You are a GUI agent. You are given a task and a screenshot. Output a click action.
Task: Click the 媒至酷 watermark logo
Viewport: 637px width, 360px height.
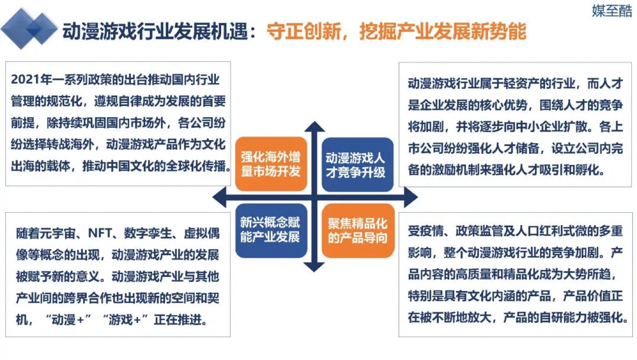coord(612,11)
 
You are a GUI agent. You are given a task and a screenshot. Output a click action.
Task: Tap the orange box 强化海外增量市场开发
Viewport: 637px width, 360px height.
coord(271,164)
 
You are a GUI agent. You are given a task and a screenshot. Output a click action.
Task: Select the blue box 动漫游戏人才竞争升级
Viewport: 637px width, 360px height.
coord(357,165)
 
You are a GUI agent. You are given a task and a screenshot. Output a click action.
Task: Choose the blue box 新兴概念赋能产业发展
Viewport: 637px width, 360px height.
coord(271,230)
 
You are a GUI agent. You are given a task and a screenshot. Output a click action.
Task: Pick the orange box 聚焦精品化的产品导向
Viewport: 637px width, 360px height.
coord(358,230)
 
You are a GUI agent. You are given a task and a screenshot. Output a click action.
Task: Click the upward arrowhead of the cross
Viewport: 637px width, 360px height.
coord(314,126)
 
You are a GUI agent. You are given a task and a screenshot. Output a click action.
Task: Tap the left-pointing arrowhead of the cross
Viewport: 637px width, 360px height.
coord(219,197)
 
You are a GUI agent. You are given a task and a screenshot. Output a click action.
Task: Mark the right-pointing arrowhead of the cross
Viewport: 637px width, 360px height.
coord(411,197)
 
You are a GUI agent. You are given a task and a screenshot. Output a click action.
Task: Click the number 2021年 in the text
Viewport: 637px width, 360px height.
coord(31,80)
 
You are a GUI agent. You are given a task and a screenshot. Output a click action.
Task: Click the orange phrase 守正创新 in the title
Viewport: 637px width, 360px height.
coord(304,31)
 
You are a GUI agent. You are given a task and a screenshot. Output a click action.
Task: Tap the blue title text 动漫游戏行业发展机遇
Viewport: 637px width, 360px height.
coord(155,31)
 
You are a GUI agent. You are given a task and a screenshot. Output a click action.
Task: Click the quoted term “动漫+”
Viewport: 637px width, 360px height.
coord(68,320)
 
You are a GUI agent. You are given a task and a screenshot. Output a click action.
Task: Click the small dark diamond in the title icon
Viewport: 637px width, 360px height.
coord(34,29)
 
